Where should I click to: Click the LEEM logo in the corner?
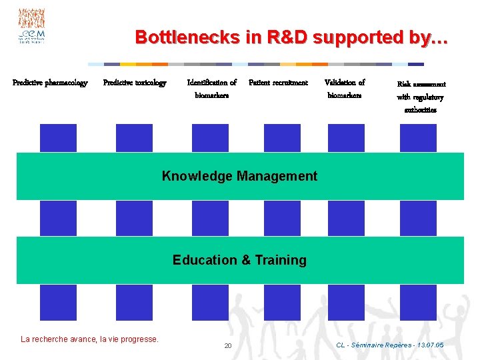click(x=31, y=27)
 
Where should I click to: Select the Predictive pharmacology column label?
click(x=50, y=83)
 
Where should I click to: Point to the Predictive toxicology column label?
click(x=135, y=83)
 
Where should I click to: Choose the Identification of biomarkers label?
click(x=212, y=89)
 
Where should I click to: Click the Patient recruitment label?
click(x=278, y=83)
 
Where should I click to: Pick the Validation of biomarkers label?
click(x=345, y=89)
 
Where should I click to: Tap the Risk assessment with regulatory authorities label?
click(x=421, y=97)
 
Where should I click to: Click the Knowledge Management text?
click(x=239, y=176)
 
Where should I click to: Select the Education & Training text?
click(x=239, y=260)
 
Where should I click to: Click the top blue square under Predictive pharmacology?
click(x=58, y=138)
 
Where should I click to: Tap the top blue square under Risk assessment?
click(x=418, y=138)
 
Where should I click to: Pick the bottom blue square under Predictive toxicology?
click(x=134, y=303)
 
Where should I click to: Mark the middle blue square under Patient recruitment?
click(x=282, y=218)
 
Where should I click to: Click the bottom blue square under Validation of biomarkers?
click(x=346, y=303)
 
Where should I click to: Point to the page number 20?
click(x=227, y=346)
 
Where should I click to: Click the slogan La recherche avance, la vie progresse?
click(x=90, y=339)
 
